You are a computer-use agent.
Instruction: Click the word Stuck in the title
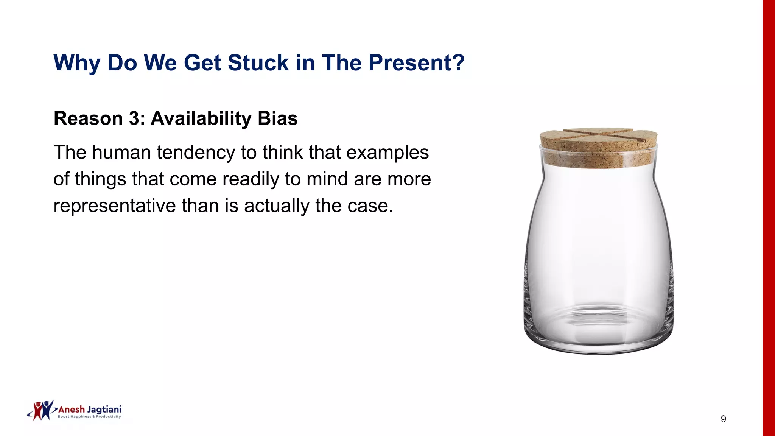tap(258, 63)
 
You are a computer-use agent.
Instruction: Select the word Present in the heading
tap(411, 63)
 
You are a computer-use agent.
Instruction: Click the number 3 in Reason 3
tap(134, 118)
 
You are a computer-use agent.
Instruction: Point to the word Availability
tap(201, 118)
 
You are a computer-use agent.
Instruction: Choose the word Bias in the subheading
tap(277, 118)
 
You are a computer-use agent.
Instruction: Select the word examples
tap(387, 153)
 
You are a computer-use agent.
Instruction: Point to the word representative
tap(114, 206)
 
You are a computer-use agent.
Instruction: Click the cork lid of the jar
tap(598, 147)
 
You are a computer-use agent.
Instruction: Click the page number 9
tap(723, 419)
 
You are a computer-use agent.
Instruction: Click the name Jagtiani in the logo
tap(104, 410)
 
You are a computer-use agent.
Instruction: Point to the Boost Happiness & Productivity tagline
tap(89, 417)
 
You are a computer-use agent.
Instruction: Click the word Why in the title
tap(77, 63)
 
